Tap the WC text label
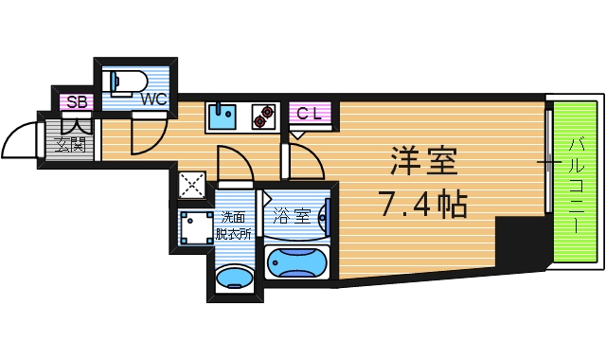tap(153, 97)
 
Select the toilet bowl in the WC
tap(128, 81)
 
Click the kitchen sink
tap(224, 117)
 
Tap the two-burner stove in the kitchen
tap(263, 117)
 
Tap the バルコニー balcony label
tap(576, 186)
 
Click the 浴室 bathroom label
tap(291, 215)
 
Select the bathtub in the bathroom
tap(296, 262)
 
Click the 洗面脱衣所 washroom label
tap(233, 223)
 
